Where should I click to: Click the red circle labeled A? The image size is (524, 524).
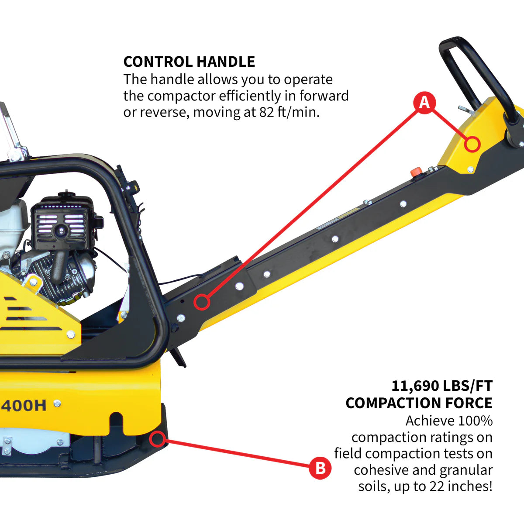[x=424, y=103]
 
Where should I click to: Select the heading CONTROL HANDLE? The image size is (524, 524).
[x=189, y=62]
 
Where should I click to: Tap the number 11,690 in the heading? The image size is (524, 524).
[x=415, y=386]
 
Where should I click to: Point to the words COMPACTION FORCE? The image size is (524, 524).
[x=419, y=403]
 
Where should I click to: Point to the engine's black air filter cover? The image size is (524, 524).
[x=61, y=223]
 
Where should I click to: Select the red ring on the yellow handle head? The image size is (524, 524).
[x=472, y=144]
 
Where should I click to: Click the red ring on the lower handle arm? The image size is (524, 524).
[x=201, y=302]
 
